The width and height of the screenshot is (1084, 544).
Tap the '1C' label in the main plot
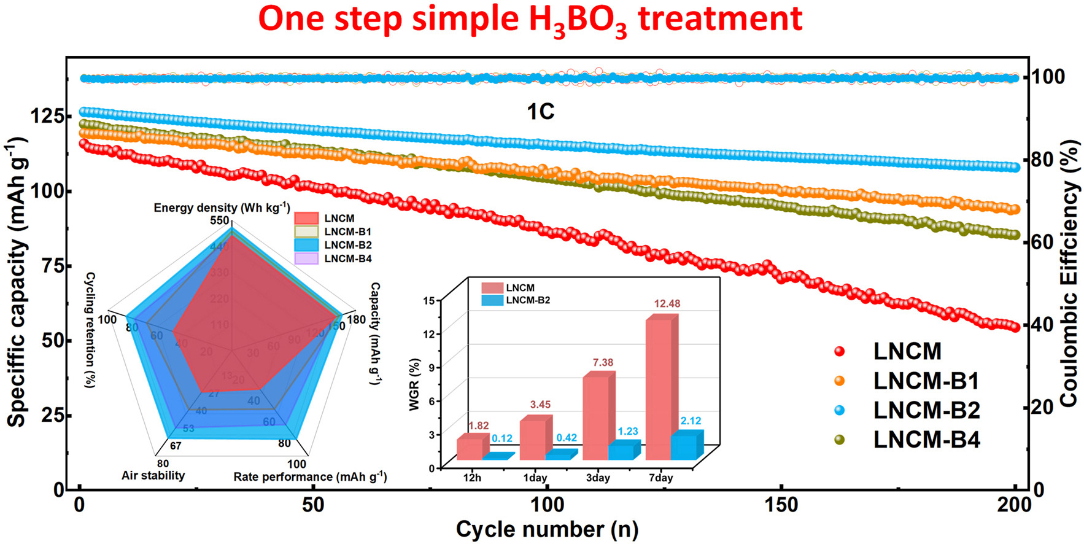tap(541, 112)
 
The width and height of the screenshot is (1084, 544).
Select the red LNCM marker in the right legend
tap(840, 352)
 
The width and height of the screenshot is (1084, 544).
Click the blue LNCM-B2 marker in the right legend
tap(840, 410)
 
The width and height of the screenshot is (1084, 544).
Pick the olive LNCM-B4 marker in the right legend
tap(840, 440)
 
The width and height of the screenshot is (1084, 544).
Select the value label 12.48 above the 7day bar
tap(667, 304)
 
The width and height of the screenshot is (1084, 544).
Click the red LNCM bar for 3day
tap(595, 418)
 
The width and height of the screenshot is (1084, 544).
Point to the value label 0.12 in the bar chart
tap(502, 438)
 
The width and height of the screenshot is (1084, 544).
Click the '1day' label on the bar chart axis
tap(535, 478)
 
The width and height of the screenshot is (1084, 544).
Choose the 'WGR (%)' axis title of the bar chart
tap(414, 384)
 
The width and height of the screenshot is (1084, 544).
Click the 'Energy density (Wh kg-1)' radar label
tap(222, 208)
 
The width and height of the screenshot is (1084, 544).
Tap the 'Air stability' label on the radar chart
tap(153, 475)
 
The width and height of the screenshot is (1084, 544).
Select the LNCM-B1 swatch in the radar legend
tap(306, 231)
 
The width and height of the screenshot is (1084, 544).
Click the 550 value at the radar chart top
tap(220, 220)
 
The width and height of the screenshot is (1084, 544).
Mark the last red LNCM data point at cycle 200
tap(1015, 327)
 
